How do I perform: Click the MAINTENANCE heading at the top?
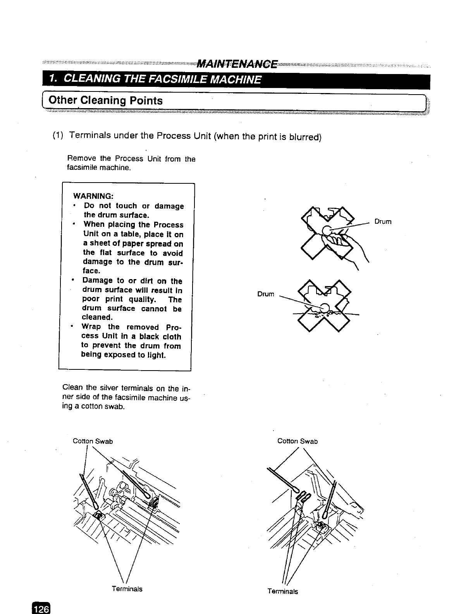tap(237, 64)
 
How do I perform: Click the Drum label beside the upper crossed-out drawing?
tap(383, 222)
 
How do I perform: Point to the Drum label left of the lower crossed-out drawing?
tap(266, 294)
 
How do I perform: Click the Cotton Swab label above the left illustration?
tap(93, 441)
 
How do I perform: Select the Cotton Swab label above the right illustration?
tap(298, 441)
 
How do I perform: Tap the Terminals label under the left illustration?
tap(127, 589)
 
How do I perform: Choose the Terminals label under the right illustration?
tap(283, 591)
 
